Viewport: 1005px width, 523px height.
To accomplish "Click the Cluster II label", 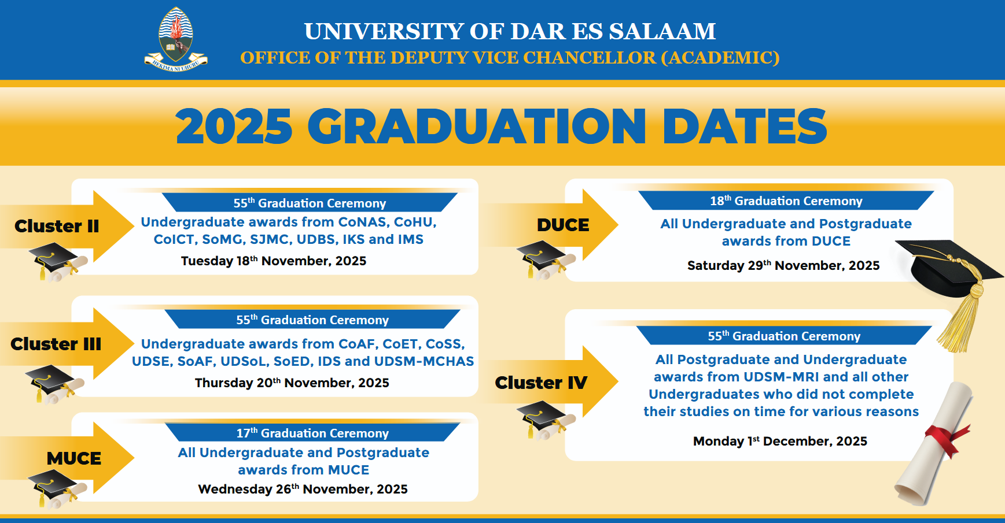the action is pos(57,226).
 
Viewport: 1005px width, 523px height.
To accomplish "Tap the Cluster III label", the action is pos(56,344).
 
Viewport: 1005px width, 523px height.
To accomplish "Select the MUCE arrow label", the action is pos(74,458).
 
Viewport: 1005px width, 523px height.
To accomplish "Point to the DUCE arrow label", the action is pos(563,225).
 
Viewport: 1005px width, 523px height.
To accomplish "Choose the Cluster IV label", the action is pos(541,383).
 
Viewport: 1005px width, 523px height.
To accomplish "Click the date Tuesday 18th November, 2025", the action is pos(274,261).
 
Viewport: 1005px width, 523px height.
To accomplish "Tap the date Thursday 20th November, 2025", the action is pos(292,383).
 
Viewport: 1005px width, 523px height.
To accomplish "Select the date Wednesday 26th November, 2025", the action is pos(303,489).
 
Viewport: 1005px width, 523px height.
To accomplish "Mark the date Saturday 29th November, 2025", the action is pos(783,265).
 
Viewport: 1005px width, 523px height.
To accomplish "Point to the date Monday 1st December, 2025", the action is pos(781,441).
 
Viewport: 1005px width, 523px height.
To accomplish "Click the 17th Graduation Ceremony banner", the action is pos(312,433).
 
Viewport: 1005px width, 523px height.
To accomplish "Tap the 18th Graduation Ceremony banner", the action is pos(786,201).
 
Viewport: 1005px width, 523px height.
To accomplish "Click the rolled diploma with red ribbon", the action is pos(933,444).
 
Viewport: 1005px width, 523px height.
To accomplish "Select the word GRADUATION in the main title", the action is pos(477,127).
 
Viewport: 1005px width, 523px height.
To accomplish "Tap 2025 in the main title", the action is pos(234,127).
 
